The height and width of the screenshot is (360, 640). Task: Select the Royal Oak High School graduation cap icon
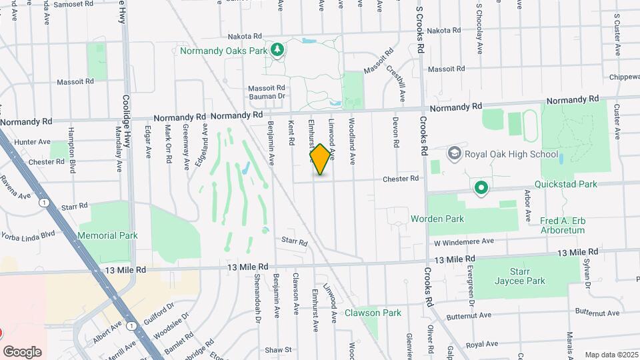coord(455,154)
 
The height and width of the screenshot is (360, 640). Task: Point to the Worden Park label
coord(437,219)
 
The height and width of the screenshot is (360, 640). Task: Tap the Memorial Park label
coord(107,235)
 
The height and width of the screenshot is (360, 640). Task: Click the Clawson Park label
coord(373,313)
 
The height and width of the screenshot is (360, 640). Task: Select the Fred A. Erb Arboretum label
coord(553,225)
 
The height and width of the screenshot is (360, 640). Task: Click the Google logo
coord(22,352)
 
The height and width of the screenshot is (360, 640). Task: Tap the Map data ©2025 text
coord(611,355)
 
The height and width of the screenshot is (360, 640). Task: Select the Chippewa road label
coord(623,77)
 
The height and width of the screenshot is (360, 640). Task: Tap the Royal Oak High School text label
coord(511,155)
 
